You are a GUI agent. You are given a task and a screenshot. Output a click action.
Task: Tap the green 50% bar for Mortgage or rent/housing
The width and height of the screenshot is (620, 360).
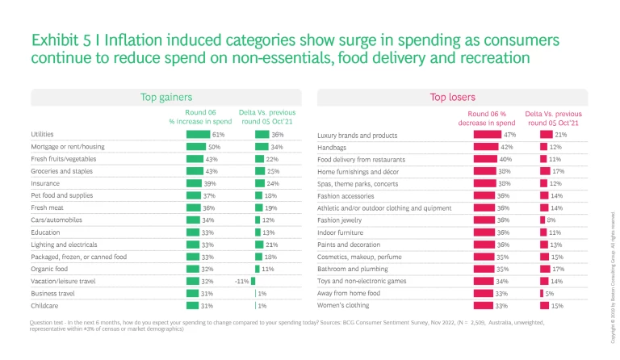tap(196, 147)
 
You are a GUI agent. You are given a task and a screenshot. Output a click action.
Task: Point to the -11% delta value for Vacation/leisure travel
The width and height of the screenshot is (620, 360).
tap(240, 282)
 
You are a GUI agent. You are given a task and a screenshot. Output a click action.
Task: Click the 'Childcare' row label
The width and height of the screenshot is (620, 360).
tap(44, 306)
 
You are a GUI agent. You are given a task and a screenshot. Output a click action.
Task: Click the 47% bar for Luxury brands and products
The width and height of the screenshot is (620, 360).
tap(486, 135)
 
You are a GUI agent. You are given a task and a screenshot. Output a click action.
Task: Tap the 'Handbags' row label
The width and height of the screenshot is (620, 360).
tap(333, 147)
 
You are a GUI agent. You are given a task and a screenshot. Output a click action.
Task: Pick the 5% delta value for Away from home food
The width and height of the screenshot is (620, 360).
tap(549, 294)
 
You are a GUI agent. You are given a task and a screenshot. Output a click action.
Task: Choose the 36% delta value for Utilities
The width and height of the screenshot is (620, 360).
tap(277, 135)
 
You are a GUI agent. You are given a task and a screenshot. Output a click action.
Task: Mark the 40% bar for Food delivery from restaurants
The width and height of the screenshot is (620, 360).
tap(484, 159)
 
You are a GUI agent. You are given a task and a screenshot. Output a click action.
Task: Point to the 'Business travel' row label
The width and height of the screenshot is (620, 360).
tap(53, 294)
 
